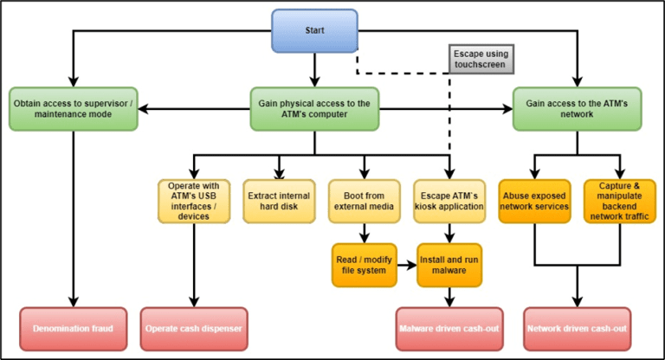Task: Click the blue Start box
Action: (x=314, y=30)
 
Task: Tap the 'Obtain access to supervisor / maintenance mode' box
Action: (x=74, y=108)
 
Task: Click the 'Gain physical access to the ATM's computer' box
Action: (x=314, y=108)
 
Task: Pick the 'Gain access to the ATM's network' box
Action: (x=577, y=108)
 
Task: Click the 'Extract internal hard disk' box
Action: (x=278, y=200)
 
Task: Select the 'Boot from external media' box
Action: (x=364, y=200)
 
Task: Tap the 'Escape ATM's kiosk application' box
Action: (x=449, y=200)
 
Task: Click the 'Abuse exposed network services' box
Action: (x=534, y=200)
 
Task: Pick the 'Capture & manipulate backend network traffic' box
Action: (x=620, y=200)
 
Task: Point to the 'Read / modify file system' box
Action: (x=364, y=265)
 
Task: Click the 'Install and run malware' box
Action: (x=449, y=265)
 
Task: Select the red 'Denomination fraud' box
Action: (x=74, y=328)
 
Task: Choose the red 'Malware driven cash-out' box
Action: (x=449, y=328)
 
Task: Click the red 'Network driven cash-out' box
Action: (x=577, y=328)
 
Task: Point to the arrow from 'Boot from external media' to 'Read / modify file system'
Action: (x=364, y=232)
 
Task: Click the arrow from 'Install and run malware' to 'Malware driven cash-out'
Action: (x=449, y=297)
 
